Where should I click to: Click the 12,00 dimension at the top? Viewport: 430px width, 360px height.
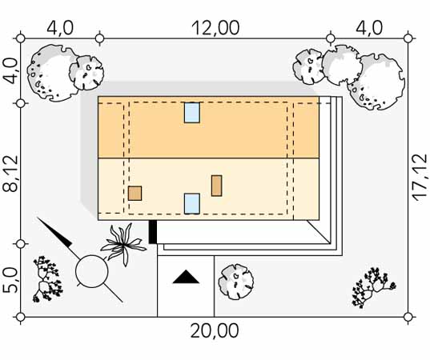(x=215, y=28)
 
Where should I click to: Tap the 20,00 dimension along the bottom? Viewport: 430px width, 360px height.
(x=215, y=331)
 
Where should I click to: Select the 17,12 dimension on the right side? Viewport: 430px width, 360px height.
(x=420, y=178)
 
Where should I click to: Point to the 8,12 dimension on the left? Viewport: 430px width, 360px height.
(x=10, y=174)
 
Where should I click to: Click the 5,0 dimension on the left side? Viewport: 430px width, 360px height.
(x=10, y=280)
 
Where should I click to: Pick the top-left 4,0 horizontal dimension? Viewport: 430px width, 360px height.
(x=60, y=28)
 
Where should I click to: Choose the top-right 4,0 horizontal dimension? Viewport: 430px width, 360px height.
(x=369, y=28)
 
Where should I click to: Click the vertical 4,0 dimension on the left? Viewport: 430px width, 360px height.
(x=10, y=71)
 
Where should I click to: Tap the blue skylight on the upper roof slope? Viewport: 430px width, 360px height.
(x=192, y=113)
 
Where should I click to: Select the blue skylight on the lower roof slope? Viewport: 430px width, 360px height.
(x=192, y=203)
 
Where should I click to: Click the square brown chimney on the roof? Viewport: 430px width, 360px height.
(x=135, y=193)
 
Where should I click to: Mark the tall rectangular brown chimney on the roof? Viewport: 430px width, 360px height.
(x=217, y=186)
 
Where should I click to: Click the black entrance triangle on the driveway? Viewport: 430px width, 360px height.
(x=186, y=277)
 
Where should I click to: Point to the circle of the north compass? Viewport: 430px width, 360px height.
(x=92, y=255)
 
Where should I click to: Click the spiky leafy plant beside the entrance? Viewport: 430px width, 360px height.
(x=123, y=245)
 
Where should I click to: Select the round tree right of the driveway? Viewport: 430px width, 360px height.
(x=236, y=282)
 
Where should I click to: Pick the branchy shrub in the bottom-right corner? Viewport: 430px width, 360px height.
(x=373, y=288)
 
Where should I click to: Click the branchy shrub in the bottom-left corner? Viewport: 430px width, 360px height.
(x=47, y=279)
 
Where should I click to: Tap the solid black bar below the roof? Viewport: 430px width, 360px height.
(x=153, y=232)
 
